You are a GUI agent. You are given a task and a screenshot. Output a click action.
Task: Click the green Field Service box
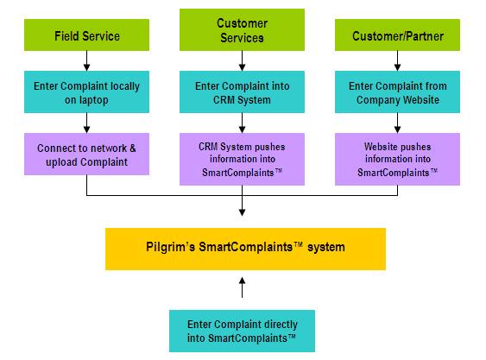coord(87,35)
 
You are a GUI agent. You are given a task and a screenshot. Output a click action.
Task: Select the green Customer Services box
coord(242,29)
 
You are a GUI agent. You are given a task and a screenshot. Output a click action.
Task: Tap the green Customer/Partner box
coord(397,35)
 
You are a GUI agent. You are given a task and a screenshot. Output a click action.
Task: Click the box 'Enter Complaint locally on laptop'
coord(87,92)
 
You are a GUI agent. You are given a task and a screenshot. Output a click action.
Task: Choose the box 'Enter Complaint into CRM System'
coord(242,92)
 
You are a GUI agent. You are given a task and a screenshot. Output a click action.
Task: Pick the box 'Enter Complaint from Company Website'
coord(397,92)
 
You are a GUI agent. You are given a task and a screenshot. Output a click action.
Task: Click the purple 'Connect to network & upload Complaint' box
coord(87,155)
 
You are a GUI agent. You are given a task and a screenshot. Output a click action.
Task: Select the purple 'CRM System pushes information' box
coord(242,160)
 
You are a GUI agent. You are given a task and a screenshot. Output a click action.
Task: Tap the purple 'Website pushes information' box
coord(397,160)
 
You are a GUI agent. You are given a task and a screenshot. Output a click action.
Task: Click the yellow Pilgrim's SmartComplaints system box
coord(245,249)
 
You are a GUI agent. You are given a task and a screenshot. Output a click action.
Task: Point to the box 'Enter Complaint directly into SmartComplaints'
coord(242,332)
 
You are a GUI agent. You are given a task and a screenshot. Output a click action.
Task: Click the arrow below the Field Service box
coord(87,60)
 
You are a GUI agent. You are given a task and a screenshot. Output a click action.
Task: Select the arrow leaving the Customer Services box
coord(242,60)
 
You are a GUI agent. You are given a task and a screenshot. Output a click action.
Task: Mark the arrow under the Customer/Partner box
coord(397,60)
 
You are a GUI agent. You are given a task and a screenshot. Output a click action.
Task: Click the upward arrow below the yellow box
coord(242,287)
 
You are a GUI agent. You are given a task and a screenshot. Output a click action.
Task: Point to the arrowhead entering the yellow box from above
coord(242,212)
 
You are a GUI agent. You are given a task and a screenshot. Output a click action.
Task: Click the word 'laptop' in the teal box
coord(94,100)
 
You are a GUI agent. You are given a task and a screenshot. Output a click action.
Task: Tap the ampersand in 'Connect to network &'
coord(133,148)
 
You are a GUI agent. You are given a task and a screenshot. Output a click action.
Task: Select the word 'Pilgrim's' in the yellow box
coord(170,247)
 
